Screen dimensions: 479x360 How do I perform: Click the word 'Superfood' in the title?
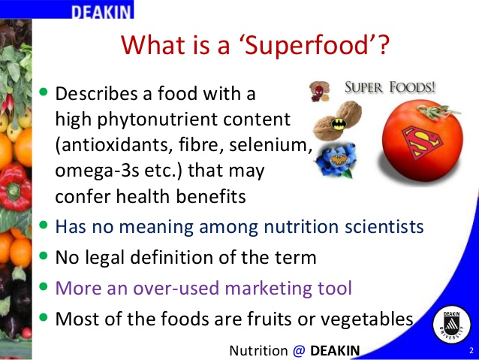click(310, 45)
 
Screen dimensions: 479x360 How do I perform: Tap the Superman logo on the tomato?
click(422, 142)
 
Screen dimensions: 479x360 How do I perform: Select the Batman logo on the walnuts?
click(339, 124)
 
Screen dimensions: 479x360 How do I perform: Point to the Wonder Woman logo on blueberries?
click(337, 160)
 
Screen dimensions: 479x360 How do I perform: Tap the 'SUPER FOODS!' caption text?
click(390, 87)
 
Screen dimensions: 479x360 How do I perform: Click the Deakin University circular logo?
click(451, 325)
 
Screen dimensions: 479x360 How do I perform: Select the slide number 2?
click(471, 350)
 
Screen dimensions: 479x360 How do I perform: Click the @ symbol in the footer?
click(299, 351)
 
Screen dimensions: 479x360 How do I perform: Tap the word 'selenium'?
click(270, 144)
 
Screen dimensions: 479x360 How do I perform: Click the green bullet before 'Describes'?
click(44, 92)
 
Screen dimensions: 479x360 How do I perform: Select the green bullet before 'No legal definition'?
click(44, 255)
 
